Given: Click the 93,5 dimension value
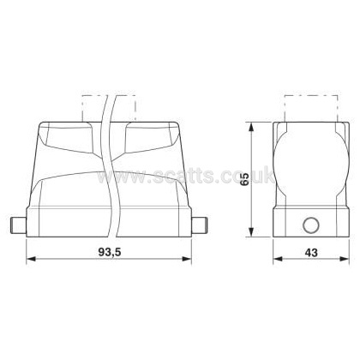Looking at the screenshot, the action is [x=110, y=252].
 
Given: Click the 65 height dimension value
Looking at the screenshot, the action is [x=244, y=179].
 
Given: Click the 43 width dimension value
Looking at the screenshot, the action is [x=311, y=252].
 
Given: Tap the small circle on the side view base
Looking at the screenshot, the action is [x=311, y=225].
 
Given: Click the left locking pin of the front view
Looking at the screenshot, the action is [x=18, y=225].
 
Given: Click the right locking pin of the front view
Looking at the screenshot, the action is [x=199, y=225].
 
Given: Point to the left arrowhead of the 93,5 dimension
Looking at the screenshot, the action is [x=31, y=259].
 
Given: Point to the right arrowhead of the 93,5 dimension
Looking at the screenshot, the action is [x=187, y=259].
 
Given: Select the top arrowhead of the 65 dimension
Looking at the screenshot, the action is [x=251, y=127].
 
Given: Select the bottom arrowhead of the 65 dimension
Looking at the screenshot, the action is [x=251, y=232].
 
